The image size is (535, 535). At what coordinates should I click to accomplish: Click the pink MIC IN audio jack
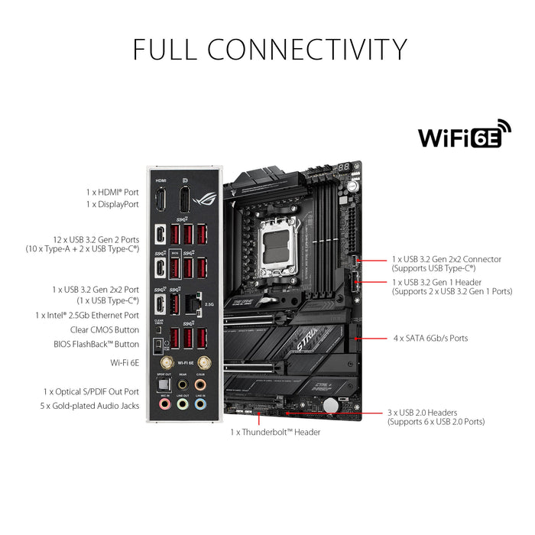[x=162, y=404]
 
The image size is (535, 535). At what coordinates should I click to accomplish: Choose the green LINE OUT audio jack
[x=182, y=404]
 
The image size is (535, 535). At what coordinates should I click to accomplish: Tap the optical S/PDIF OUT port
[x=162, y=384]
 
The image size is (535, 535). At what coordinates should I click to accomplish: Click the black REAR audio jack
[x=182, y=384]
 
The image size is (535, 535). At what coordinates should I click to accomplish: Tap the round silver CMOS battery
[x=329, y=404]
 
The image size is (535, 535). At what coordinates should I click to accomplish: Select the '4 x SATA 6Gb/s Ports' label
[x=430, y=338]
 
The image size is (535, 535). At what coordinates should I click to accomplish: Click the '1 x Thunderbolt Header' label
[x=275, y=432]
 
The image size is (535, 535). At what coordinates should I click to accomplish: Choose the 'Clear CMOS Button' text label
[x=105, y=329]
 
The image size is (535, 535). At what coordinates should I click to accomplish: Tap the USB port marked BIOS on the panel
[x=174, y=267]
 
